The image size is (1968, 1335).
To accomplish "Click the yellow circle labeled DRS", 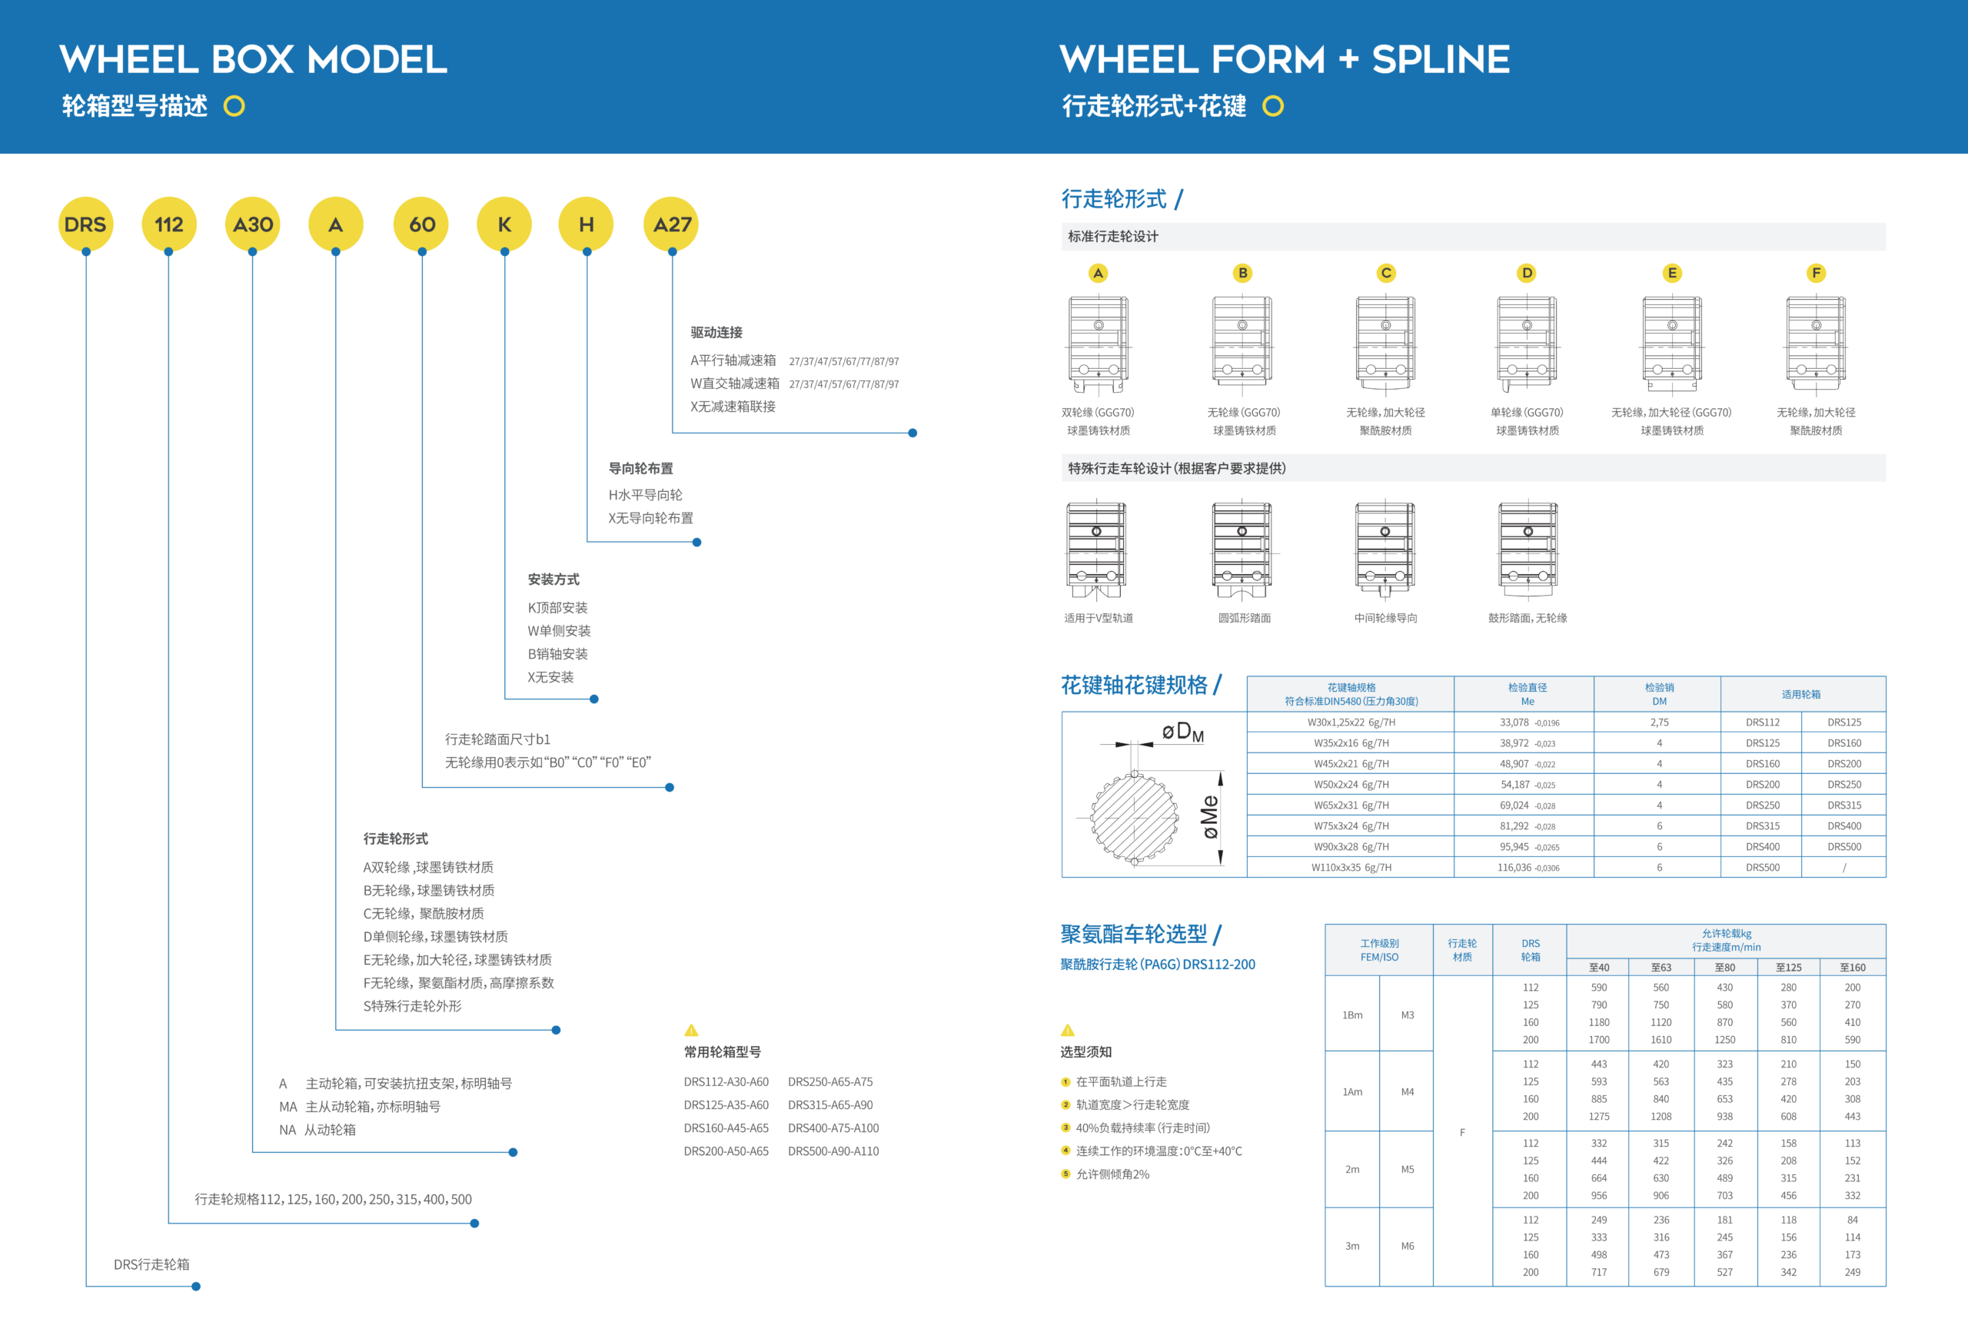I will [85, 224].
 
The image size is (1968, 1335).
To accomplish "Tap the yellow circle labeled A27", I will [672, 224].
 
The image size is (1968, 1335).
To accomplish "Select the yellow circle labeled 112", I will [168, 224].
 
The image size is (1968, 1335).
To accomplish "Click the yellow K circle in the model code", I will [505, 224].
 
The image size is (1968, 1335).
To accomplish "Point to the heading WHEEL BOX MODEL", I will [253, 59].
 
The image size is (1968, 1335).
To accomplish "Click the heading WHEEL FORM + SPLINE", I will [1284, 59].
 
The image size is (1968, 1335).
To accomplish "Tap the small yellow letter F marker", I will [1816, 273].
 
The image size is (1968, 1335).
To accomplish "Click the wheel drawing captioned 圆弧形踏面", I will [1242, 550].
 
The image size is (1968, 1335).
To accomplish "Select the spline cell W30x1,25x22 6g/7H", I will [1351, 722].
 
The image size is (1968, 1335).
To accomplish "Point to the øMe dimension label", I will [1210, 817].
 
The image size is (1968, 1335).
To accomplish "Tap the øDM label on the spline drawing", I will [1182, 732].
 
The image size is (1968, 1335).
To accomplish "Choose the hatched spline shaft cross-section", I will [1133, 817].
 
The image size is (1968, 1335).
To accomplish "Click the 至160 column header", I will [1852, 967].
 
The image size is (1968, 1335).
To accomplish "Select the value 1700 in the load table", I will [1599, 1040].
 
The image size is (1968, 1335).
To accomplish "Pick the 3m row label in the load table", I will [1352, 1246].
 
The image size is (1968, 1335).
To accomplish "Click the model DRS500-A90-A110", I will [833, 1151].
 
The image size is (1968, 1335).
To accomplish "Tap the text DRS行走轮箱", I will [151, 1264].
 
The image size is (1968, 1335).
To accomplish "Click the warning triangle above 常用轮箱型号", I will [691, 1030].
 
